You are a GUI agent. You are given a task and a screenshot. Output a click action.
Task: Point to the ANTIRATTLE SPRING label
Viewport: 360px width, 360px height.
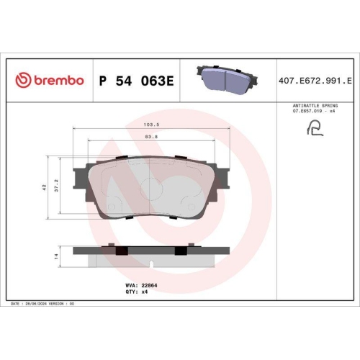coord(314,105)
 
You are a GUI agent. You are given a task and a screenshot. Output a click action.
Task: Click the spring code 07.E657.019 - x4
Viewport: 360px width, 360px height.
coord(314,112)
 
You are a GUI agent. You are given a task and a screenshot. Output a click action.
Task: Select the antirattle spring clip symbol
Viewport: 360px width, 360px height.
coord(314,129)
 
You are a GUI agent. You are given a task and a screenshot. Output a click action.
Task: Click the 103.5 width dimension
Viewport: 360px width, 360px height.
coord(151,124)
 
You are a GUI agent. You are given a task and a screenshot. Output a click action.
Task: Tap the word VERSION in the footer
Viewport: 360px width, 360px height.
coord(60,305)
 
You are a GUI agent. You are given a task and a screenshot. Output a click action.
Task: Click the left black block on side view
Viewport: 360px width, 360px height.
coord(121,249)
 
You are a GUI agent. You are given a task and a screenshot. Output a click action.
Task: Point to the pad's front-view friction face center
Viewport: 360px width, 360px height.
coord(151,189)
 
